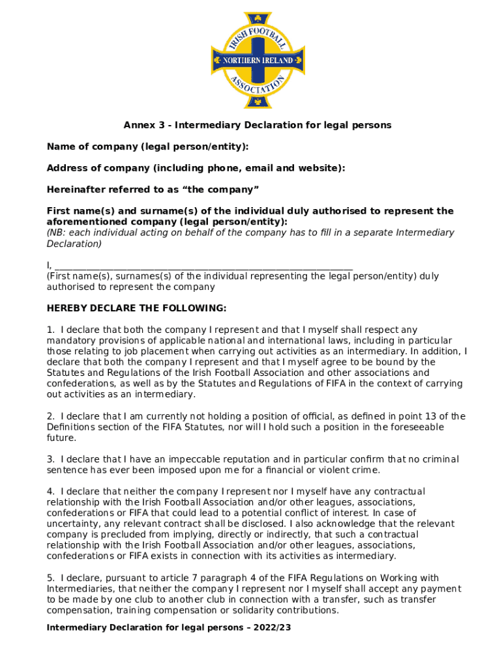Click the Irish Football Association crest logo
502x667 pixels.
click(x=258, y=60)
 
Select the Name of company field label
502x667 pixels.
click(x=147, y=147)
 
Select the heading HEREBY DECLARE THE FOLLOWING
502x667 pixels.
click(x=136, y=308)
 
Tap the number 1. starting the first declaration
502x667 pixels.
click(x=51, y=330)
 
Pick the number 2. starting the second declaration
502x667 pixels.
click(x=51, y=416)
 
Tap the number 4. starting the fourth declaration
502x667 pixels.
click(x=51, y=491)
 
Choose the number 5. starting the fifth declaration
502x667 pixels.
click(x=51, y=578)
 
